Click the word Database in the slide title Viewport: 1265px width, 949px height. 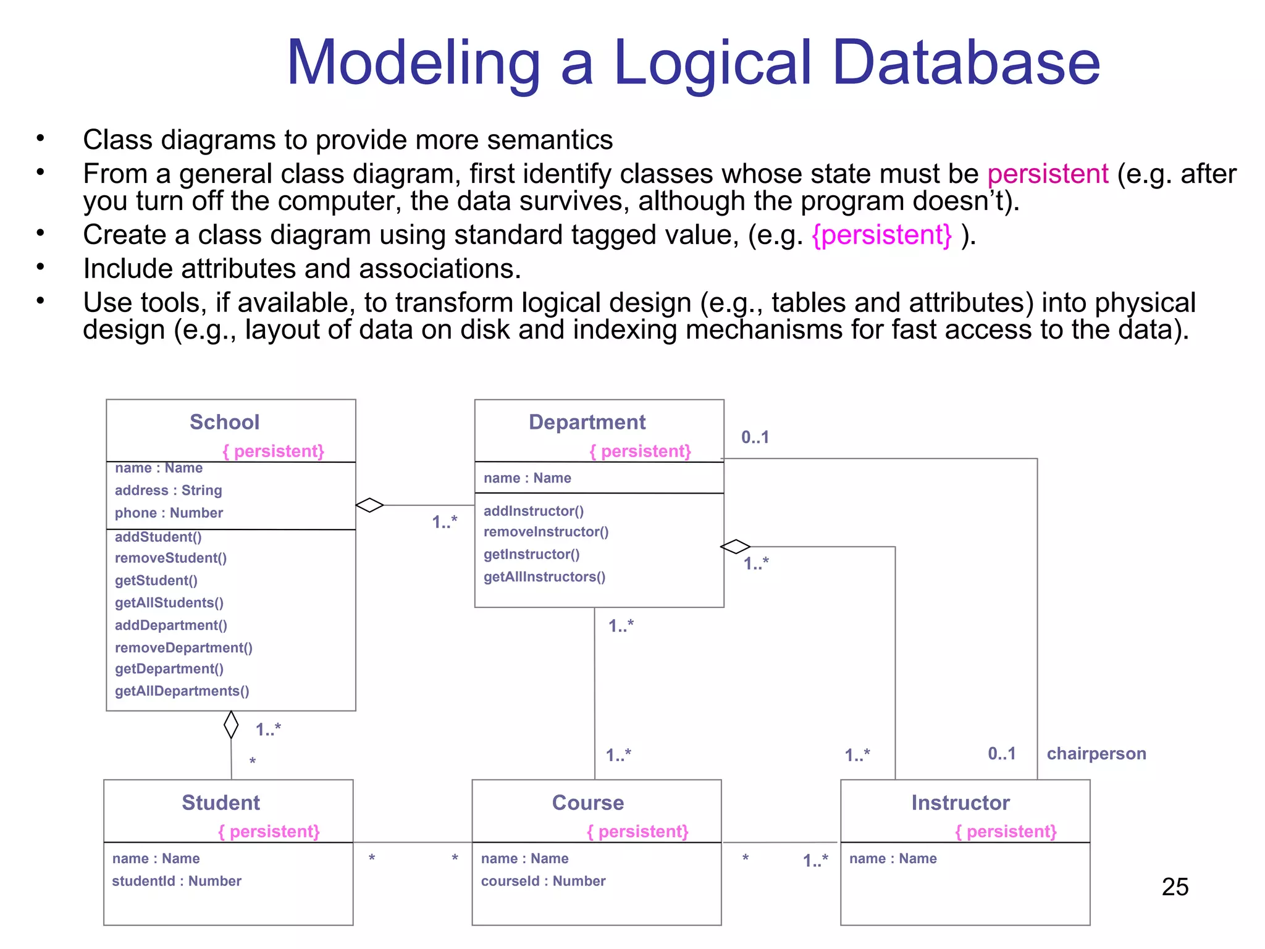[966, 63]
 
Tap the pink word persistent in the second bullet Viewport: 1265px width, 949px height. [1048, 174]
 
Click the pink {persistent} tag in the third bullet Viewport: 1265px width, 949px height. [881, 235]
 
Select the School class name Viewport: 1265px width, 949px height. [224, 422]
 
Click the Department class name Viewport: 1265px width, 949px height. [587, 422]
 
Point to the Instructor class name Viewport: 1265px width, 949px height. [960, 803]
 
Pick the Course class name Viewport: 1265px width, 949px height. [587, 803]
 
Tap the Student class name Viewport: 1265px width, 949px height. [221, 803]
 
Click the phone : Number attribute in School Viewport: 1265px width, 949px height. [169, 513]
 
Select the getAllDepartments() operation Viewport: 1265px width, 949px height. [182, 691]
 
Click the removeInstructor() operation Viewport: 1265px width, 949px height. [546, 532]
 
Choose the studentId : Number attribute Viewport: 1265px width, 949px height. [177, 881]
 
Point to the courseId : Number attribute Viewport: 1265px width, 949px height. [543, 881]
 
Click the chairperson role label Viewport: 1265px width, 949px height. [1096, 754]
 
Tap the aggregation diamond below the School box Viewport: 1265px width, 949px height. [231, 725]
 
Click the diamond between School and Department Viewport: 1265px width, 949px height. [369, 505]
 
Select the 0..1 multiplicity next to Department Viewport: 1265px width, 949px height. [755, 437]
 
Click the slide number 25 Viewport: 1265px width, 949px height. [1174, 887]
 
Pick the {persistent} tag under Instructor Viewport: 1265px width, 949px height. [1005, 832]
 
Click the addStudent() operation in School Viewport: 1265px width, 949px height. [158, 537]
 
